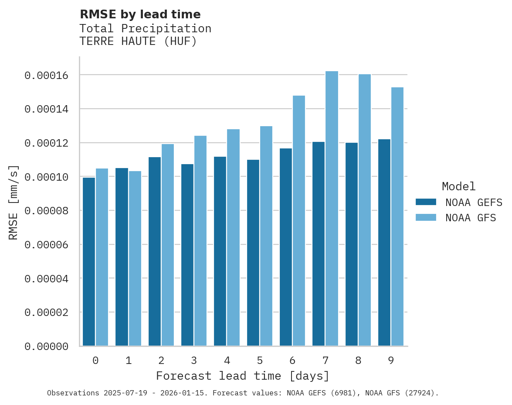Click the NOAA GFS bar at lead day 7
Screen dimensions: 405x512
pyautogui.click(x=332, y=209)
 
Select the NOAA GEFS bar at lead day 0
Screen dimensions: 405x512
pyautogui.click(x=89, y=262)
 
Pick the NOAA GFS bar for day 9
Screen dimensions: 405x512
pyautogui.click(x=397, y=216)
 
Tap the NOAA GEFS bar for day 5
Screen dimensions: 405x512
pyautogui.click(x=253, y=253)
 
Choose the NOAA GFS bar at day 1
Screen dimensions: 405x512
pyautogui.click(x=135, y=258)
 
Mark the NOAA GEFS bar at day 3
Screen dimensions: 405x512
pyautogui.click(x=187, y=255)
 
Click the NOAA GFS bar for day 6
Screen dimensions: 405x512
pyautogui.click(x=299, y=221)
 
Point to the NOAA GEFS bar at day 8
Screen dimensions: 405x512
pyautogui.click(x=352, y=244)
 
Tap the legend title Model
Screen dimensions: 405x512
pyautogui.click(x=458, y=186)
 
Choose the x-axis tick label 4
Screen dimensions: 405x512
pyautogui.click(x=227, y=361)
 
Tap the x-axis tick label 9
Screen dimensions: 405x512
pyautogui.click(x=391, y=361)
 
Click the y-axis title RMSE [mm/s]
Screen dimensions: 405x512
pyautogui.click(x=14, y=202)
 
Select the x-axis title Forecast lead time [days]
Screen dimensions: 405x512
pyautogui.click(x=243, y=376)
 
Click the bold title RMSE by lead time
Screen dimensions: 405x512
pyautogui.click(x=140, y=14)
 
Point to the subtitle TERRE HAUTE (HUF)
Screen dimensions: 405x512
pyautogui.click(x=138, y=41)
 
